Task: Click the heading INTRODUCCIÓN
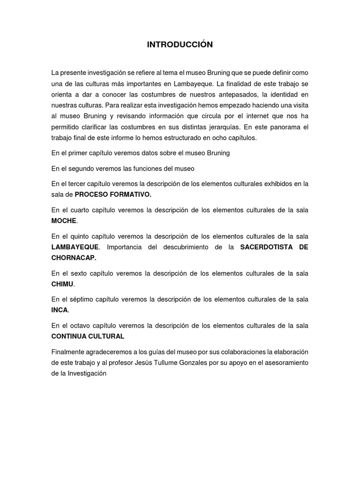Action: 180,45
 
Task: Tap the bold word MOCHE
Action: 63,221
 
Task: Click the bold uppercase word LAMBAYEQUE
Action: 75,247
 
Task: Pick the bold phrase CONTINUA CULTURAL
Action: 88,336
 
